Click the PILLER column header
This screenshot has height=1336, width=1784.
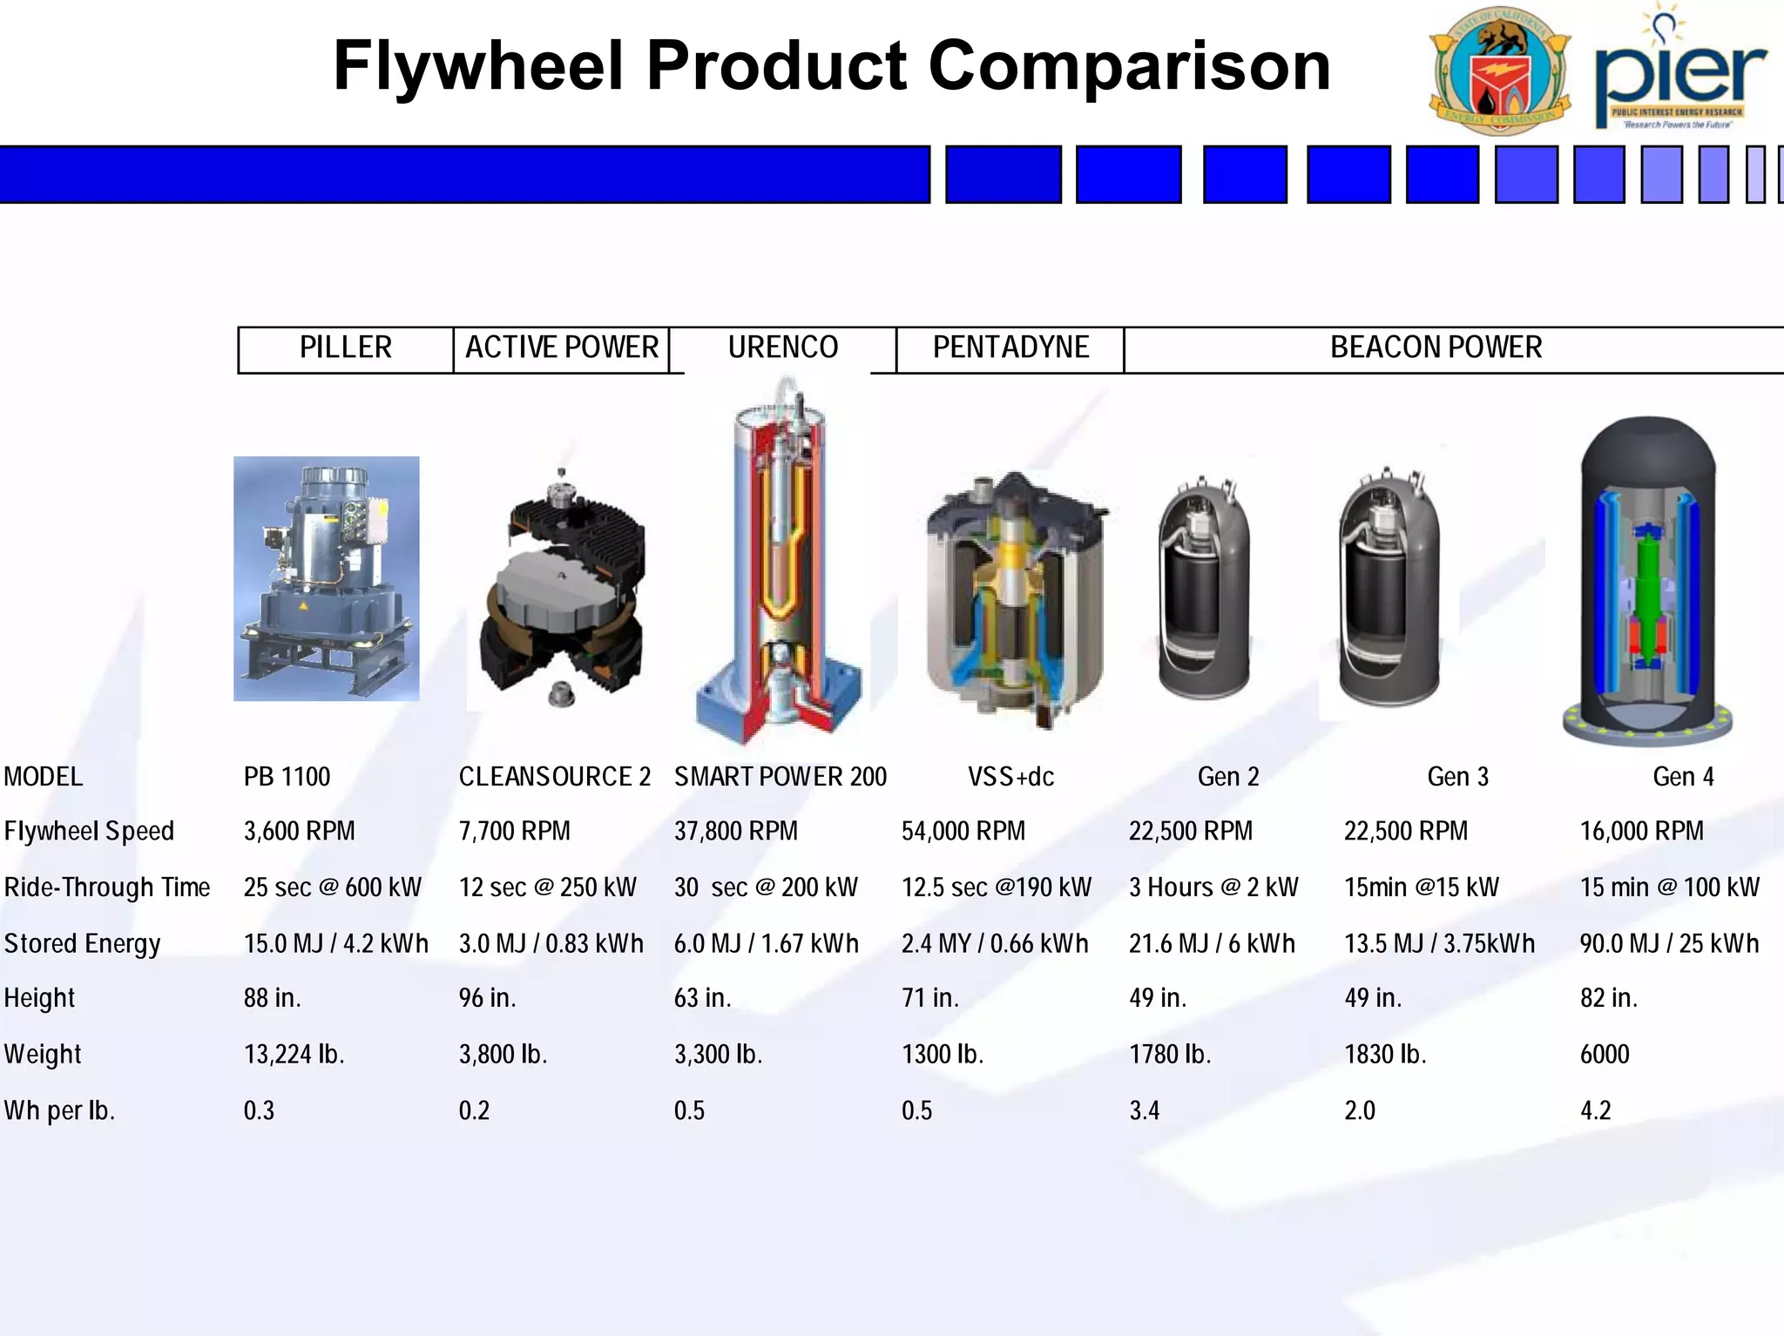click(346, 348)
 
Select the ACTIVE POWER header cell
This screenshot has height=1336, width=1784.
click(562, 348)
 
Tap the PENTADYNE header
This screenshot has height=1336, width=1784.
click(1010, 348)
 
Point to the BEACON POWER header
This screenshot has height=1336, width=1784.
click(1436, 348)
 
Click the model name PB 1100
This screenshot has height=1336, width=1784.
click(287, 777)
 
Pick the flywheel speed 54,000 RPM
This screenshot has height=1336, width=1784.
click(963, 832)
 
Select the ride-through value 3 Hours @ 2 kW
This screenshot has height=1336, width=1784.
click(1213, 887)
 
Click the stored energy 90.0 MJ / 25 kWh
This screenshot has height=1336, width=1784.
click(1669, 944)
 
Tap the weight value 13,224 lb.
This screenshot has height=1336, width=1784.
click(294, 1055)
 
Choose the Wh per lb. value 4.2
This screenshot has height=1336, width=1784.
click(1595, 1111)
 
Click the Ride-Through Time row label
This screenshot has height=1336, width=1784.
click(107, 887)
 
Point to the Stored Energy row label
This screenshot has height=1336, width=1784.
click(83, 944)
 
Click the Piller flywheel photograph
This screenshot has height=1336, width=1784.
click(327, 579)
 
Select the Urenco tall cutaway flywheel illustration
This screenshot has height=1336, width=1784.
click(782, 562)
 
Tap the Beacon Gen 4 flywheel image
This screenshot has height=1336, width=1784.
click(1646, 579)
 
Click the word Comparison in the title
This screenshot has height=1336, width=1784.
click(1130, 66)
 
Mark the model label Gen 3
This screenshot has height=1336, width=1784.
click(1457, 777)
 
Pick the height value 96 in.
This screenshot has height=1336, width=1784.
click(487, 998)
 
